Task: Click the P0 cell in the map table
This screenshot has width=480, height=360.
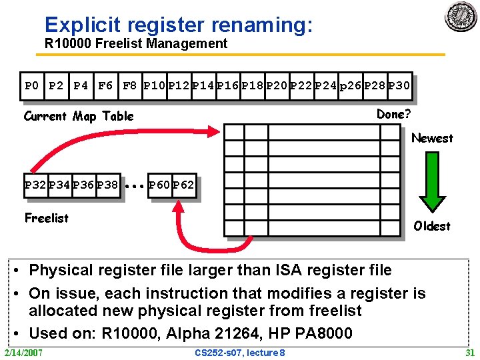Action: click(x=31, y=85)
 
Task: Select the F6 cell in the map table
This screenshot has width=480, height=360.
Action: click(x=105, y=85)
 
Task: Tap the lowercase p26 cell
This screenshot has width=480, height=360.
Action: click(x=351, y=85)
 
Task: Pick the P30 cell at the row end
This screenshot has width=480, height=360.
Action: click(x=399, y=85)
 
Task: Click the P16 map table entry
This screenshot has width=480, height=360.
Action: click(x=227, y=85)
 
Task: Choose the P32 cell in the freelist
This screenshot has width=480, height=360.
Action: click(x=35, y=185)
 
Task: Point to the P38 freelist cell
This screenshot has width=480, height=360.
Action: click(x=107, y=185)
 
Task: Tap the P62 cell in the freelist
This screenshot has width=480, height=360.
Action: click(x=183, y=185)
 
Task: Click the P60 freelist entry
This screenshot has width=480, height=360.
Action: click(x=159, y=185)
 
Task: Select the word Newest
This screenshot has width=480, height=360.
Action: click(x=432, y=138)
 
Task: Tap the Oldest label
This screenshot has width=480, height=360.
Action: click(x=432, y=226)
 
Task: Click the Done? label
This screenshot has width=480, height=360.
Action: click(x=394, y=114)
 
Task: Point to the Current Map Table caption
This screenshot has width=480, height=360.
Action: click(x=79, y=116)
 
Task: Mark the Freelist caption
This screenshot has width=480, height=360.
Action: click(x=47, y=218)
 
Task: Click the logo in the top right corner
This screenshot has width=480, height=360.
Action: click(x=461, y=17)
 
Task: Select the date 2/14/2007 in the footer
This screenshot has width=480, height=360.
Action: click(x=23, y=352)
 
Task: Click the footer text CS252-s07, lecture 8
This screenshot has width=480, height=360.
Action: click(x=240, y=352)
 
